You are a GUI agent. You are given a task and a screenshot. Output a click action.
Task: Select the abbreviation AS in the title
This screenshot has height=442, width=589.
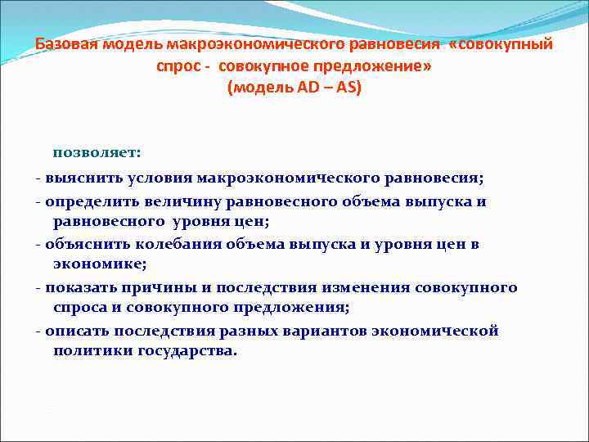pos(348,87)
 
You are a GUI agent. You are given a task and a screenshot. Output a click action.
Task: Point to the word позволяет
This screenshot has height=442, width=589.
pos(97,151)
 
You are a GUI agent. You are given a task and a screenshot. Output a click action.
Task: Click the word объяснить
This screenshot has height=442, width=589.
pos(86,245)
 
